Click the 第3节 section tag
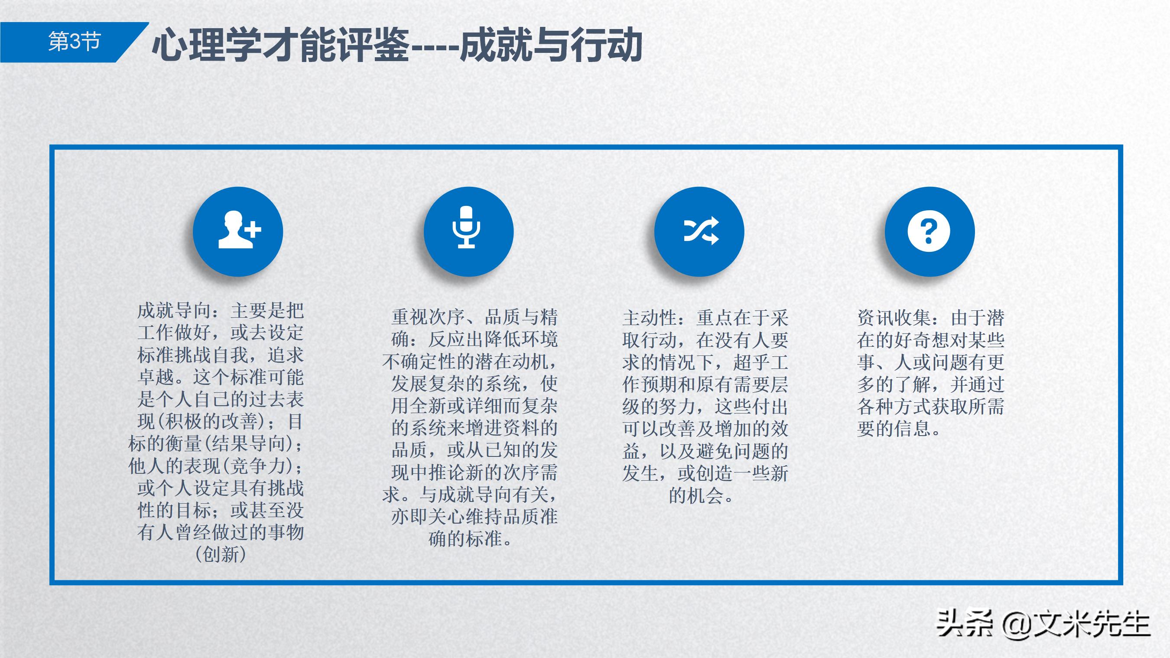74,42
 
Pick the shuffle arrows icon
700,231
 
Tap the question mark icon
929,231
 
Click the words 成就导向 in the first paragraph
174,311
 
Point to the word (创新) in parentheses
221,555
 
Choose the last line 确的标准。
471,539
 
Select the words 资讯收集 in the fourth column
894,318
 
